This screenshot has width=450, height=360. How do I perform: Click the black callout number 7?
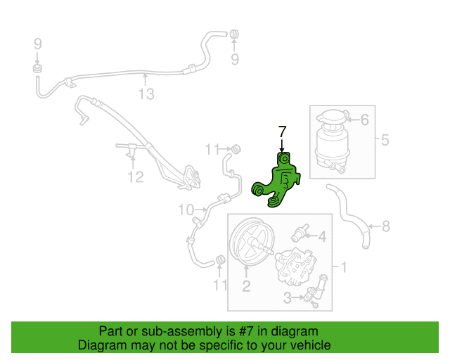(283, 131)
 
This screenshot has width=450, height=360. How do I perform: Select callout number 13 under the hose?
(146, 94)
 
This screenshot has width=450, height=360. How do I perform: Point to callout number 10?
(185, 210)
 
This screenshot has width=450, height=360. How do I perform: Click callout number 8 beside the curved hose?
(385, 226)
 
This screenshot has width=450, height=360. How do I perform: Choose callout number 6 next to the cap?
(364, 120)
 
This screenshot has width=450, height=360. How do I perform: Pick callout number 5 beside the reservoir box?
(385, 140)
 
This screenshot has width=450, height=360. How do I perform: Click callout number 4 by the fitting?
(323, 236)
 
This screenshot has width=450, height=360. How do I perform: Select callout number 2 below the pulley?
(247, 285)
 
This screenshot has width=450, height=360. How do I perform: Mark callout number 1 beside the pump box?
(344, 266)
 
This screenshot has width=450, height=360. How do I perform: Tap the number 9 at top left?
(37, 44)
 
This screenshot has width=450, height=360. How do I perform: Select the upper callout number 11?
(213, 148)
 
